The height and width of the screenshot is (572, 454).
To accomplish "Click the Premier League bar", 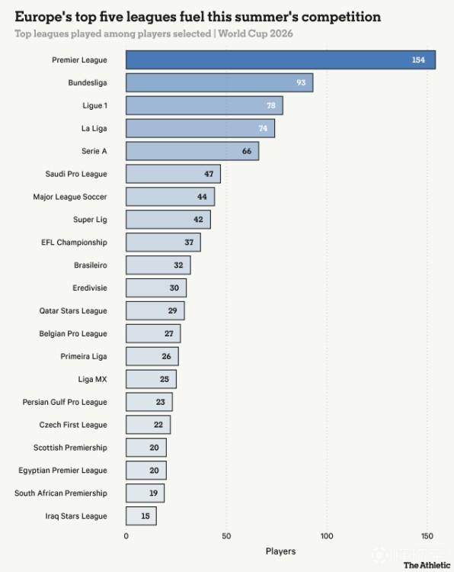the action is pos(280,59).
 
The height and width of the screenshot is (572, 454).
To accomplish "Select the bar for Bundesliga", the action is pos(219,82).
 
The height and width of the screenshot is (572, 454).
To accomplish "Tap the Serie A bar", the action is pos(193,151).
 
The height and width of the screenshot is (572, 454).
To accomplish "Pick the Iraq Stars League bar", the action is pos(142,516).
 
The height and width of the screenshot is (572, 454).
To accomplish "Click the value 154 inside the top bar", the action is pos(418,59).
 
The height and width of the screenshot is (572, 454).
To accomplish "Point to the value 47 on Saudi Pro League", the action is pos(209,174).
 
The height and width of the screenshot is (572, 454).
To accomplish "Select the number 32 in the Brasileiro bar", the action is pos(178,265).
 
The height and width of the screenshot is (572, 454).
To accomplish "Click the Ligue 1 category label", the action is pos(94,106).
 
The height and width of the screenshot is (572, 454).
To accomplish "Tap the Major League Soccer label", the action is pos(70,197).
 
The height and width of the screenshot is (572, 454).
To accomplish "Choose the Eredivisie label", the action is pos(90,288).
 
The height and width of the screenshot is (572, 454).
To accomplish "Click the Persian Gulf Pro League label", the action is pos(65,402).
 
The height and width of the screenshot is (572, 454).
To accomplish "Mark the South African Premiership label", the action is pos(61,493).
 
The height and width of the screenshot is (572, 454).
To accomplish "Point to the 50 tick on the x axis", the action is pos(226,536).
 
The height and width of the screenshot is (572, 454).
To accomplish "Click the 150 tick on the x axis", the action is pos(427,536).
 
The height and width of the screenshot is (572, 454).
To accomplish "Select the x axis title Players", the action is pos(280,551).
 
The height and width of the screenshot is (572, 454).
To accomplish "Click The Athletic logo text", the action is pos(427,565).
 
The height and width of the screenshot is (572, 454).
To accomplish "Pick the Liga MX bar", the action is pos(152,379).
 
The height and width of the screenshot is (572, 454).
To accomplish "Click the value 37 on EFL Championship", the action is pos(189,243).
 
